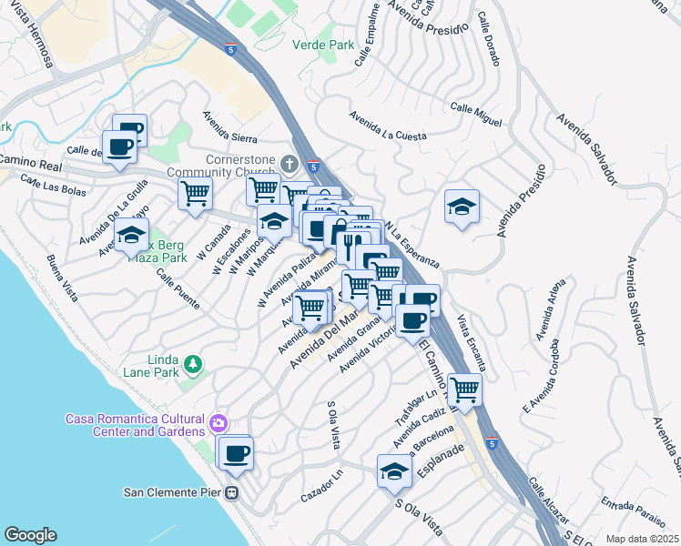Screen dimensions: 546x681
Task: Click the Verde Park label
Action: click(x=322, y=44)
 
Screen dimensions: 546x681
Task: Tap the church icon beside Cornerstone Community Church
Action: click(x=290, y=165)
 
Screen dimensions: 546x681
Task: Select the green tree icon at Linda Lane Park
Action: click(x=192, y=365)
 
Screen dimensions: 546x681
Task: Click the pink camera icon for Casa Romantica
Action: click(x=218, y=423)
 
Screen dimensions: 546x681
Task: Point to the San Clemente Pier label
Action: click(x=174, y=493)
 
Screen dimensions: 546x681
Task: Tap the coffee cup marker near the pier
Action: click(x=236, y=452)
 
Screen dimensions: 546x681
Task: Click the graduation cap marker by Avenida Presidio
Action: click(x=462, y=207)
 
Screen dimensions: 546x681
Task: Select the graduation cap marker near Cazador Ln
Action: click(x=394, y=471)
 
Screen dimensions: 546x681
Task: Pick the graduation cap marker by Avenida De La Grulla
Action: click(x=131, y=235)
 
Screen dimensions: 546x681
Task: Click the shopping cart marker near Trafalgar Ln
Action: click(x=464, y=390)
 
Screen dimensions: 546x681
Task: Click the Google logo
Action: click(x=30, y=535)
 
